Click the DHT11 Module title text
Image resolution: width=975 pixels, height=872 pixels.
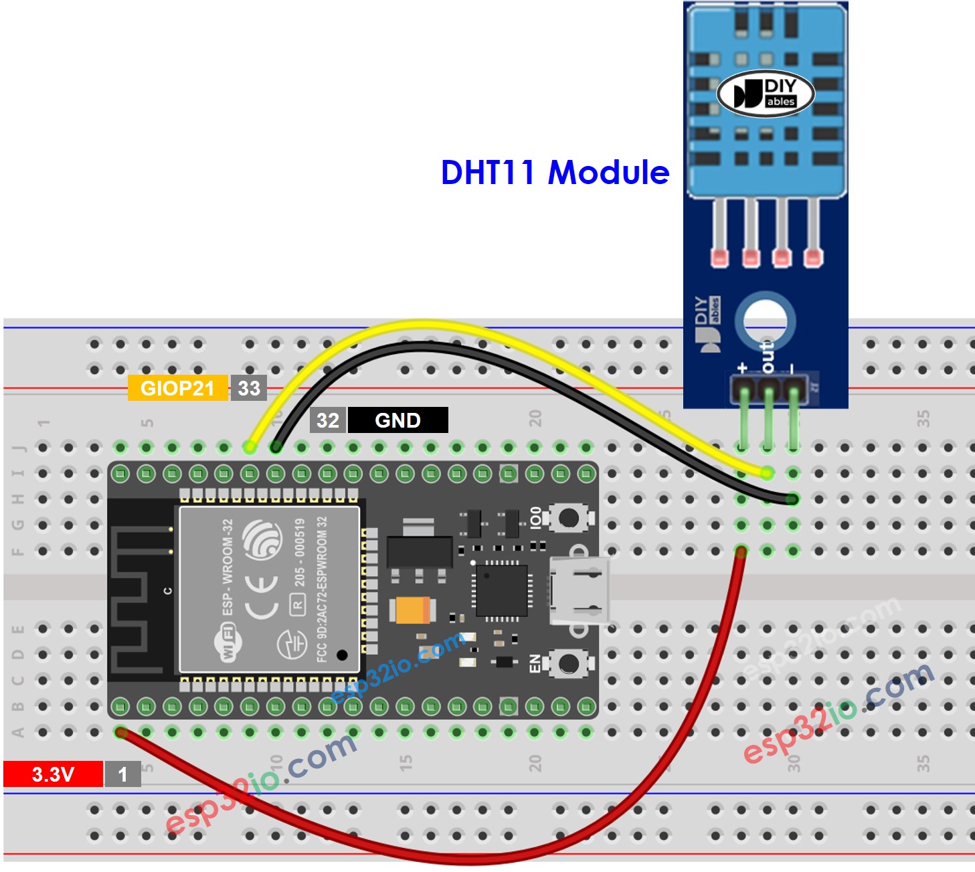pos(555,173)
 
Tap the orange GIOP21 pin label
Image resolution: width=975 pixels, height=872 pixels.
pos(177,388)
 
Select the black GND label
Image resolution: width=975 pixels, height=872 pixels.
pos(397,420)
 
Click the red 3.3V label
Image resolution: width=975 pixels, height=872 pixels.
pos(53,774)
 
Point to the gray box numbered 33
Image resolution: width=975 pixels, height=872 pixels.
pos(249,388)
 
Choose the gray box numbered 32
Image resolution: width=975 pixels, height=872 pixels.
pos(328,420)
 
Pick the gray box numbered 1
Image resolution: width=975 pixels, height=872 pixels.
pos(122,774)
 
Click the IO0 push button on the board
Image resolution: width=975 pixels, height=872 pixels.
pos(569,517)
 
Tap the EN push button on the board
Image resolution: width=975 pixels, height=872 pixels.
pos(569,663)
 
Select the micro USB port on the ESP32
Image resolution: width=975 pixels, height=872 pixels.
pos(580,591)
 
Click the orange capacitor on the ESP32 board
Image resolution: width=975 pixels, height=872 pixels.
pos(413,610)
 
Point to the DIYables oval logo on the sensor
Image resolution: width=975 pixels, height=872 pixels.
pos(766,94)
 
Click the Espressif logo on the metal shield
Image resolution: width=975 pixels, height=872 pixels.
pos(262,539)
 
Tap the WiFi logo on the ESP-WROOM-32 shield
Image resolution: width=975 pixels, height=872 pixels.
pos(228,642)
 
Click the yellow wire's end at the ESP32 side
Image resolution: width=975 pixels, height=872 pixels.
pos(250,446)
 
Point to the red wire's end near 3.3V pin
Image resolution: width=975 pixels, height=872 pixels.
pos(121,732)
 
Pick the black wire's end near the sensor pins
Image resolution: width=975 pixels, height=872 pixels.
pos(792,499)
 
